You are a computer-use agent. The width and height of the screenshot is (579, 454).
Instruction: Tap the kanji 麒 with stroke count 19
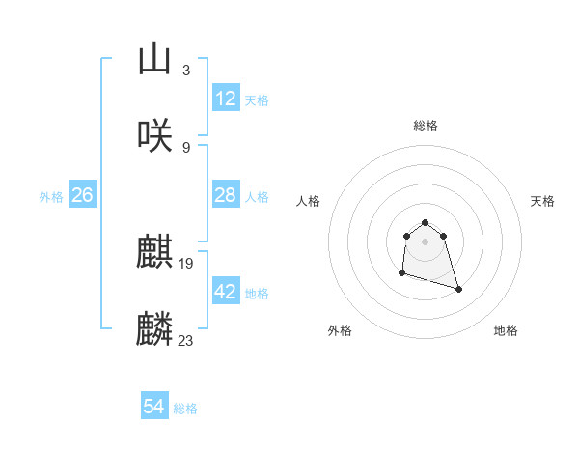click(154, 253)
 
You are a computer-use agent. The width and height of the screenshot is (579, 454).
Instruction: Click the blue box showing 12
click(226, 99)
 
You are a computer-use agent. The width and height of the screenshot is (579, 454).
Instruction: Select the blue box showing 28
click(226, 195)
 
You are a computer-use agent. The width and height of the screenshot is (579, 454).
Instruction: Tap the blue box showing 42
click(226, 292)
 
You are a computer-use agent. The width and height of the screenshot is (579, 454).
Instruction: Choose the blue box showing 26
click(82, 195)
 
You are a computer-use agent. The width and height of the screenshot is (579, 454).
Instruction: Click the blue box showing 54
click(154, 408)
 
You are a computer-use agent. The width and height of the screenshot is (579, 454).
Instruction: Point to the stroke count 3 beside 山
click(185, 71)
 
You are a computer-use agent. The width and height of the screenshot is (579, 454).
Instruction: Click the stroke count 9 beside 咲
click(185, 148)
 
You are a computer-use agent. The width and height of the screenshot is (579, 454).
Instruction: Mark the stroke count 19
click(187, 263)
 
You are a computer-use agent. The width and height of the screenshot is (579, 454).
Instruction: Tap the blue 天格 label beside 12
click(257, 99)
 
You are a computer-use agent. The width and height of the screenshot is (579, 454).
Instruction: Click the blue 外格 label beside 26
click(51, 196)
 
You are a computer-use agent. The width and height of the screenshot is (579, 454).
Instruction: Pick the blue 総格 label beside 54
click(185, 409)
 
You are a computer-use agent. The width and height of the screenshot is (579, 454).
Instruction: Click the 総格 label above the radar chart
click(425, 126)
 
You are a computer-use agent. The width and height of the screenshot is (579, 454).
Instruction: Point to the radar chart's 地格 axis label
click(506, 330)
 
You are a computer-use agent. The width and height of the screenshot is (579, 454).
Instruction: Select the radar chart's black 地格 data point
click(458, 289)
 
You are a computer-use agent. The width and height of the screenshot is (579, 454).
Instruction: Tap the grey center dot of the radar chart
click(425, 241)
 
